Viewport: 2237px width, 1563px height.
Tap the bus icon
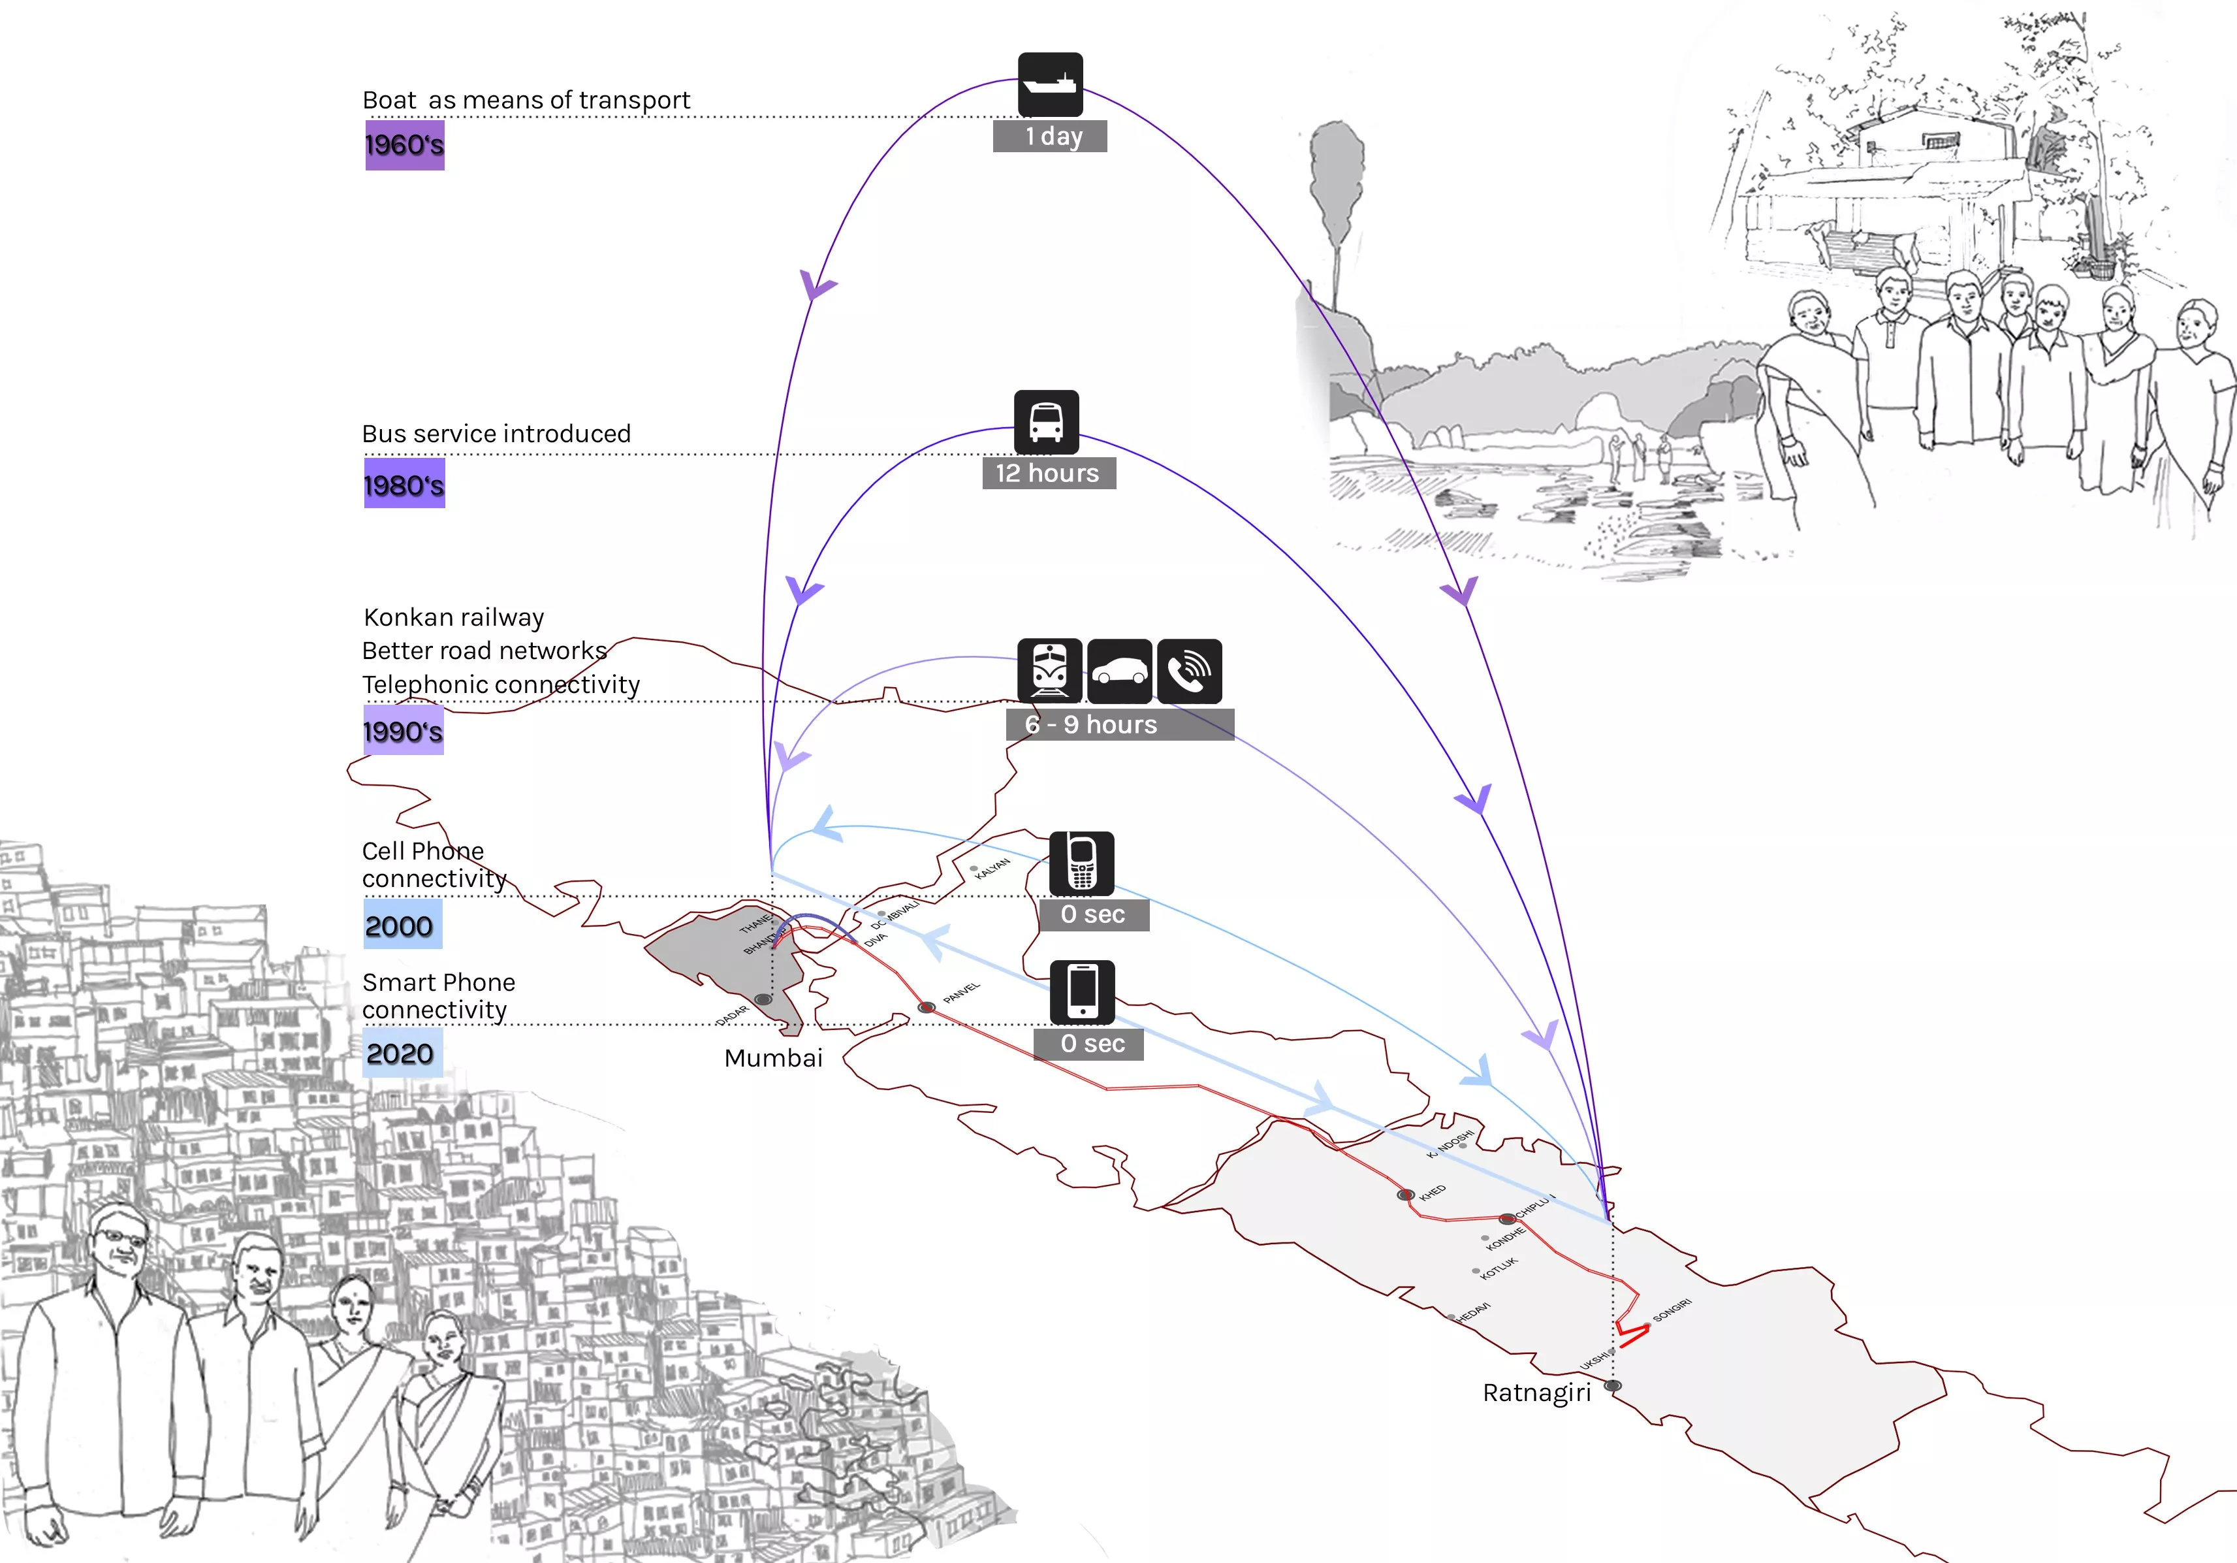point(1047,422)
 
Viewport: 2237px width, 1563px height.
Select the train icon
point(1049,670)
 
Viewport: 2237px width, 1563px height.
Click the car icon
point(1119,670)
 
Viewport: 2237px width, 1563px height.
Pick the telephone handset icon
point(1190,670)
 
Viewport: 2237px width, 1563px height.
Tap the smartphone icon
point(1083,991)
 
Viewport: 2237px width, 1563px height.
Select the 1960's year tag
point(404,145)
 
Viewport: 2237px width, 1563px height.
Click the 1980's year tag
point(404,484)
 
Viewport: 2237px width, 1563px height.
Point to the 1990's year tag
point(404,731)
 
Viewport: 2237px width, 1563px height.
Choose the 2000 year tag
point(402,925)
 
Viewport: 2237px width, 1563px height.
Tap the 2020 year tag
point(402,1054)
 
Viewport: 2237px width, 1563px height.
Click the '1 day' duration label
point(1051,137)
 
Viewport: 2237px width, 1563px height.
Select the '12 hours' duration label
point(1049,474)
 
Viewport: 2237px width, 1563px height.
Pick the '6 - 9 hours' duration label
point(1118,725)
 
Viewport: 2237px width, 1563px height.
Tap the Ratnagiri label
point(1536,1393)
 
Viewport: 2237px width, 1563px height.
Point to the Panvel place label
point(962,993)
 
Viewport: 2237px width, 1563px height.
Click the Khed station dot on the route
point(1405,1195)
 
